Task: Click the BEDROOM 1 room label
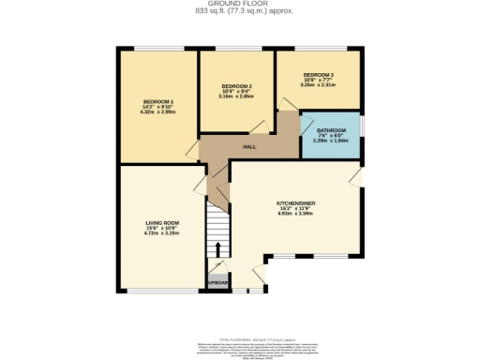tap(157, 100)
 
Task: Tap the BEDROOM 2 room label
tap(235, 84)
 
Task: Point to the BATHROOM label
tap(331, 130)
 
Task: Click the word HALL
tap(249, 147)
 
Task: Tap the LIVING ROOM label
tap(160, 222)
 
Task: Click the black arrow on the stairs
tap(217, 248)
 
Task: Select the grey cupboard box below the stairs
tap(217, 279)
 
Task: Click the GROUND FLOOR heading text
tap(239, 4)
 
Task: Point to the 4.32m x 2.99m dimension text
tap(157, 112)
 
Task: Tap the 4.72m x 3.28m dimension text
tap(160, 233)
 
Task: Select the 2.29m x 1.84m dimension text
tap(331, 142)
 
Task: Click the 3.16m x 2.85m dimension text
tap(235, 96)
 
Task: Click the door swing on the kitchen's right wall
tap(357, 177)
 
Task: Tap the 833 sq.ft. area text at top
tap(239, 10)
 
